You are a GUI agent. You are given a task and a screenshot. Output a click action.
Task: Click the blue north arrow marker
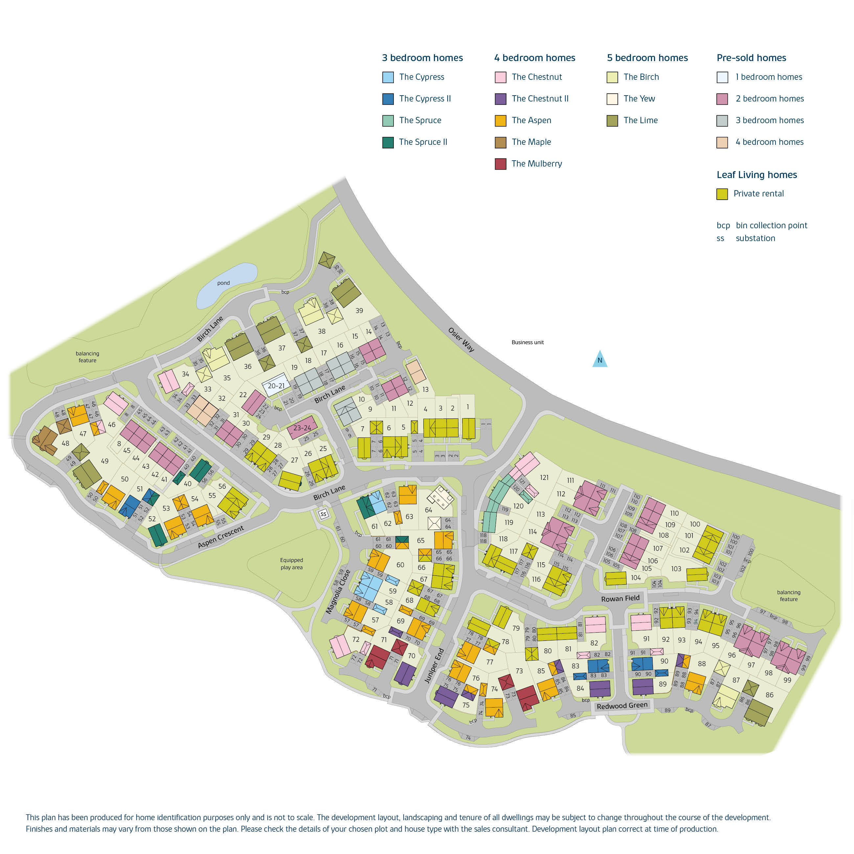(x=600, y=359)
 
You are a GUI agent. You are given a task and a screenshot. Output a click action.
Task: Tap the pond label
(x=223, y=283)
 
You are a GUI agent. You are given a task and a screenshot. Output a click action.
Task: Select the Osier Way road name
(x=461, y=340)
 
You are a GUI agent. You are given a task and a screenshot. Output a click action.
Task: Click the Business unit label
(x=527, y=342)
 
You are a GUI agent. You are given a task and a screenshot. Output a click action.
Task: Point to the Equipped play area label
(x=291, y=564)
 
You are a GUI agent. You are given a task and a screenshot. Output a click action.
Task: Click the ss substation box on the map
(x=324, y=514)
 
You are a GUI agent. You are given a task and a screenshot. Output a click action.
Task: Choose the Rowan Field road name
(x=620, y=598)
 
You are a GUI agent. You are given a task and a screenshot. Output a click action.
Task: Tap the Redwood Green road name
(x=622, y=706)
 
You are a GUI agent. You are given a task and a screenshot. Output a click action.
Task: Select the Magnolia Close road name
(x=338, y=592)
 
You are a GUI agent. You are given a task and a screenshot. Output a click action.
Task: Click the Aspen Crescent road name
(x=221, y=537)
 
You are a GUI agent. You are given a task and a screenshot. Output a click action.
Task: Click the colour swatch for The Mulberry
(x=500, y=164)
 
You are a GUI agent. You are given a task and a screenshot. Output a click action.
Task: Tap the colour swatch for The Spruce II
(x=388, y=142)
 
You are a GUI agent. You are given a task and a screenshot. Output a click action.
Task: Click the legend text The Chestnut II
(x=540, y=99)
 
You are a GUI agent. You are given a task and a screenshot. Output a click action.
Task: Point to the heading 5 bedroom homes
(x=647, y=58)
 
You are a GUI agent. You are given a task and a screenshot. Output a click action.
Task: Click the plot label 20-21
(x=276, y=386)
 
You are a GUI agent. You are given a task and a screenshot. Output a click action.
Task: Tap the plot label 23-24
(x=302, y=428)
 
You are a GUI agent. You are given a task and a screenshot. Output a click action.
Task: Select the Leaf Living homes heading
(x=756, y=175)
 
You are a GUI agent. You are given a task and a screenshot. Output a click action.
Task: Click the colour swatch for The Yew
(x=612, y=99)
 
